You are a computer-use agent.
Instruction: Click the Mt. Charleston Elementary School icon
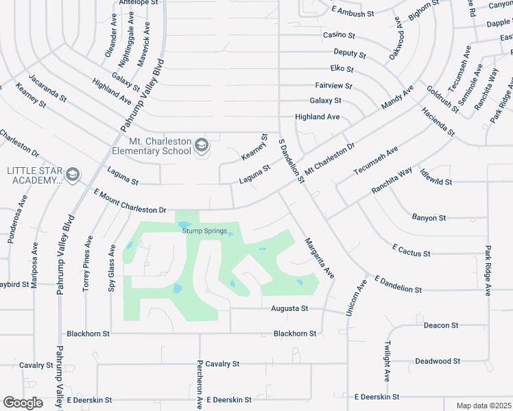pos(202,145)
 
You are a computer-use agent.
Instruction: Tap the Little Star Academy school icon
pos(73,175)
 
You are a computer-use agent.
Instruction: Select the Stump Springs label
pos(204,231)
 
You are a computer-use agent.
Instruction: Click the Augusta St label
pos(290,309)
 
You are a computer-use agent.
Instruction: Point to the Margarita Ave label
pos(319,258)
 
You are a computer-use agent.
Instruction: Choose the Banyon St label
pos(429,218)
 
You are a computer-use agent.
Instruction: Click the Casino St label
pos(339,35)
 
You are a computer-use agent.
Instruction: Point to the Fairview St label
pos(333,86)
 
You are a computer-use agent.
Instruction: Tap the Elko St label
pos(341,69)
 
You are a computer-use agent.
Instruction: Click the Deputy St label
pos(349,53)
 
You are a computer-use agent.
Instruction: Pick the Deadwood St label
pos(438,361)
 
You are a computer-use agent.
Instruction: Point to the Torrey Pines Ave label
pos(88,264)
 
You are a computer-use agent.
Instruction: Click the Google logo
pos(23,403)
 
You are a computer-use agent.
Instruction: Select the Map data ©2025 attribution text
pos(484,406)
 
